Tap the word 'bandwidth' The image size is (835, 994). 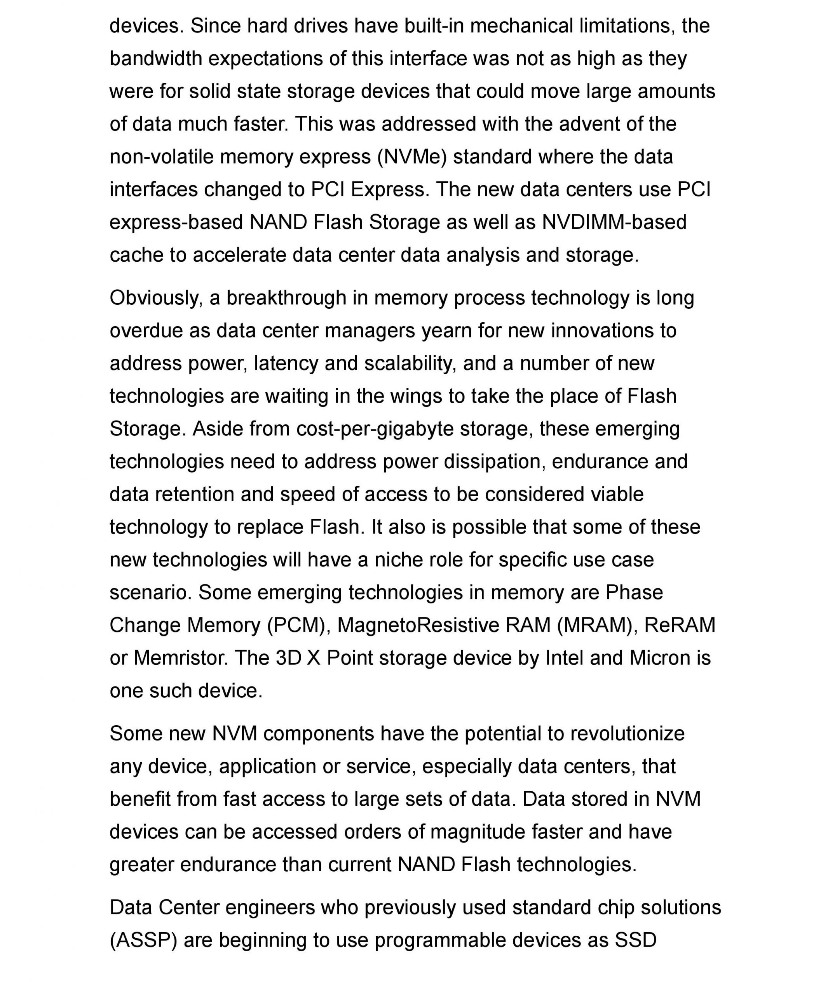(x=155, y=59)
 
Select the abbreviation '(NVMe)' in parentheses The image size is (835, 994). (x=412, y=157)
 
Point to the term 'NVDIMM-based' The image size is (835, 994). (x=614, y=222)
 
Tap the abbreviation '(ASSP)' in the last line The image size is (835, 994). (x=143, y=940)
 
